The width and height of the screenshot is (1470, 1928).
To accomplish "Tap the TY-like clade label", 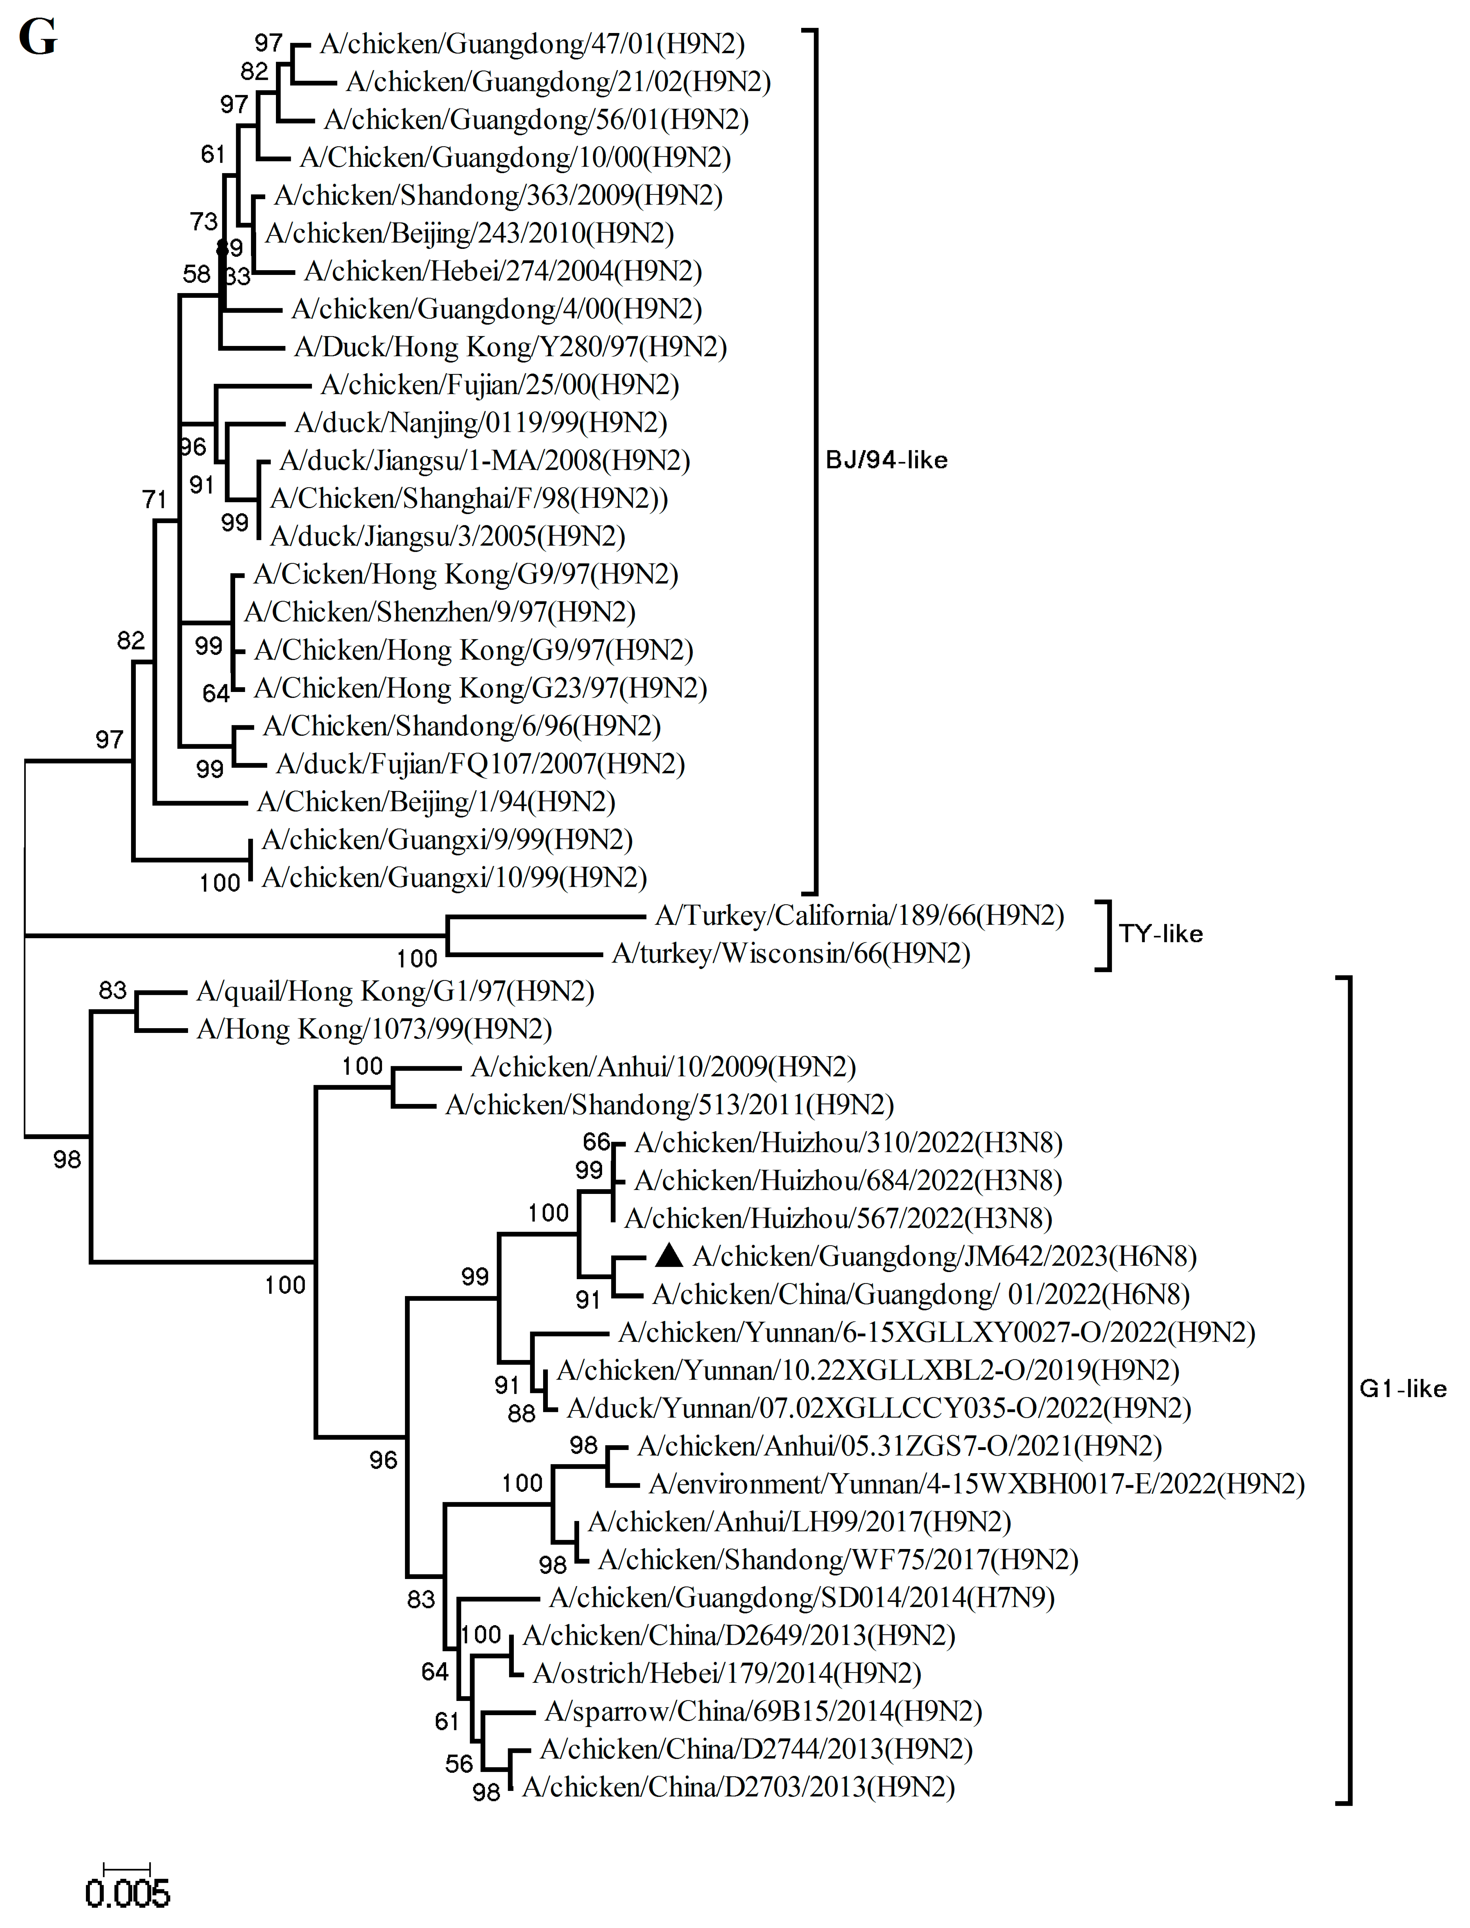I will click(x=1160, y=934).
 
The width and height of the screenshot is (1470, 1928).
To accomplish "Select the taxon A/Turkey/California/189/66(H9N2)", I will click(x=859, y=916).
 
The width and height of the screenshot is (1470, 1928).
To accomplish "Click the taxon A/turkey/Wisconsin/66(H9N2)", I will click(x=791, y=953).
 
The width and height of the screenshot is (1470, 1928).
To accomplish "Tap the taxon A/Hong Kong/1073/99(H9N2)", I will click(x=375, y=1030).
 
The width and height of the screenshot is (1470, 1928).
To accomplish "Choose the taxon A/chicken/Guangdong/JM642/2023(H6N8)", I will click(x=944, y=1257).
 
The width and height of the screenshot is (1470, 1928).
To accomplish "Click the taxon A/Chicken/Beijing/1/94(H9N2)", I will click(x=436, y=802).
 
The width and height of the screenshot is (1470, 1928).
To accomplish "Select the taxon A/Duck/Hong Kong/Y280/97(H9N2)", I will click(x=510, y=347).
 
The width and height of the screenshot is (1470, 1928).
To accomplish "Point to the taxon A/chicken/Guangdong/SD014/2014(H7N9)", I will click(x=802, y=1598).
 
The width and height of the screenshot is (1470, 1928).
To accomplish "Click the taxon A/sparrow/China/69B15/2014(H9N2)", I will click(x=763, y=1712).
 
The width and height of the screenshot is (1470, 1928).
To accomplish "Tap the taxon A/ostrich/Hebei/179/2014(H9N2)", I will click(x=727, y=1673).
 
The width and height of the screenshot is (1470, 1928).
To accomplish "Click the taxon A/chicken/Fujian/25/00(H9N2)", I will click(x=500, y=385).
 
